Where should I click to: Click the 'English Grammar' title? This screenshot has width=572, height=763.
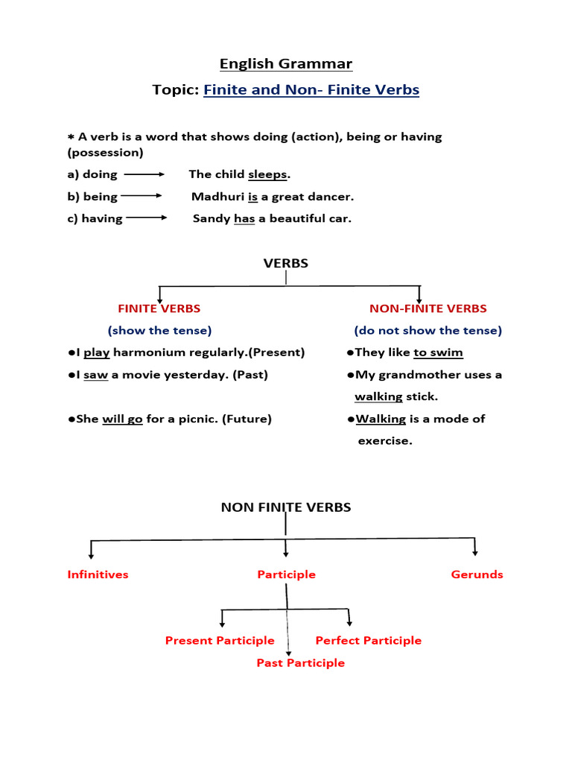click(x=286, y=63)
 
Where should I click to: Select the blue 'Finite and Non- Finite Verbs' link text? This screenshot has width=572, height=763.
click(x=311, y=90)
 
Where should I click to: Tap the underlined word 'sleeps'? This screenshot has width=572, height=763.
click(x=267, y=174)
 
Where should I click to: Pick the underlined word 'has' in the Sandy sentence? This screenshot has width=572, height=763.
click(x=244, y=219)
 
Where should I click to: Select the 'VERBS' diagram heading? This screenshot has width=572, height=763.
click(x=286, y=263)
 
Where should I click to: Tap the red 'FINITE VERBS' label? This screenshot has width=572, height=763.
click(x=159, y=308)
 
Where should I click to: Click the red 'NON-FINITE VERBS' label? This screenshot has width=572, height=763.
click(x=428, y=308)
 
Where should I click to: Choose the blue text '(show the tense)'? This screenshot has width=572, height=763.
click(x=159, y=330)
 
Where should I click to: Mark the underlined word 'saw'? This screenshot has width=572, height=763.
click(x=95, y=375)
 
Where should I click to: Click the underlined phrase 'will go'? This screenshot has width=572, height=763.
click(x=122, y=419)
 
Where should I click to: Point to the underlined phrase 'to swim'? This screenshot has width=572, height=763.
click(x=438, y=352)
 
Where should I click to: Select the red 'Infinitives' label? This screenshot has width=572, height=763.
click(x=98, y=574)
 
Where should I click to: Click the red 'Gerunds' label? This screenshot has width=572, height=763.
click(x=477, y=574)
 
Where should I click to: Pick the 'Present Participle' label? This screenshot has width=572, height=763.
click(x=220, y=641)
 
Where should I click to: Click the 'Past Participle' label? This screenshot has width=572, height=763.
click(x=301, y=663)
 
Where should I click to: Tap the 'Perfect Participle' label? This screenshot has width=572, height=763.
click(x=369, y=641)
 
